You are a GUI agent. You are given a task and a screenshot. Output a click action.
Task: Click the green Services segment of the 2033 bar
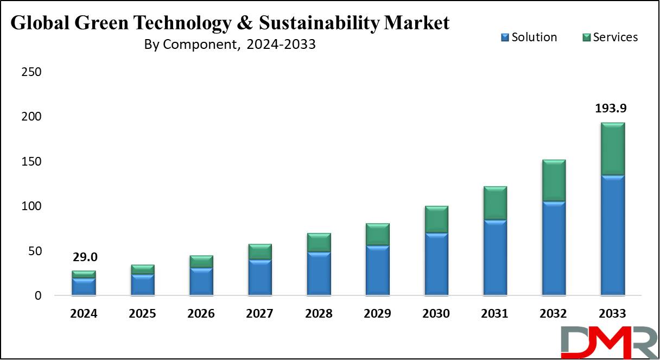pyautogui.click(x=613, y=149)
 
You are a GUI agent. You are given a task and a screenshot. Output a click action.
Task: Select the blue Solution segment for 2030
pyautogui.click(x=436, y=264)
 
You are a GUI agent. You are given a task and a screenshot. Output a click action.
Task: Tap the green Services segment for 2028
pyautogui.click(x=319, y=242)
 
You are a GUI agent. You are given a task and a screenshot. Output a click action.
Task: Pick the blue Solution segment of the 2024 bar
pyautogui.click(x=84, y=287)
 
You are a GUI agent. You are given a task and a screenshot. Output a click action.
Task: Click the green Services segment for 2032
pyautogui.click(x=554, y=181)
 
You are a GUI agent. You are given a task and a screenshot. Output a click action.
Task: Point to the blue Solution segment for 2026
pyautogui.click(x=201, y=281)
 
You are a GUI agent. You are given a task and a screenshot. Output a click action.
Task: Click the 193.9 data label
pyautogui.click(x=611, y=108)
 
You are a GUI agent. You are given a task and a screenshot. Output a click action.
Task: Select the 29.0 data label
pyautogui.click(x=85, y=257)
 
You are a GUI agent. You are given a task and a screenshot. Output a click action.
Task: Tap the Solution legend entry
pyautogui.click(x=529, y=37)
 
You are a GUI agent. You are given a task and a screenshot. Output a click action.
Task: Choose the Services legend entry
pyautogui.click(x=610, y=37)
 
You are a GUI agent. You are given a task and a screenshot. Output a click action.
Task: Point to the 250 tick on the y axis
pyautogui.click(x=31, y=72)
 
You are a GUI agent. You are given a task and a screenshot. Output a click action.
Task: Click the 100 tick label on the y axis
pyautogui.click(x=31, y=206)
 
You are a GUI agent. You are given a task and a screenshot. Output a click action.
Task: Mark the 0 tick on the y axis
pyautogui.click(x=38, y=295)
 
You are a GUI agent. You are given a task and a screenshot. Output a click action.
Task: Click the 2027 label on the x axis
pyautogui.click(x=259, y=313)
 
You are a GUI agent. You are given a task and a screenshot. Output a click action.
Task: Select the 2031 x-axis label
pyautogui.click(x=494, y=313)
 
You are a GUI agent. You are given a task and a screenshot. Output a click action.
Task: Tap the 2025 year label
pyautogui.click(x=142, y=313)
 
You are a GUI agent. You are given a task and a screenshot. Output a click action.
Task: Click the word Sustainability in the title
pyautogui.click(x=319, y=23)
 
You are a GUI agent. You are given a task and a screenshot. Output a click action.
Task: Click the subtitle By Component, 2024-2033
pyautogui.click(x=230, y=45)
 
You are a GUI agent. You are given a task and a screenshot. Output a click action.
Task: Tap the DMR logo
pyautogui.click(x=610, y=342)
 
